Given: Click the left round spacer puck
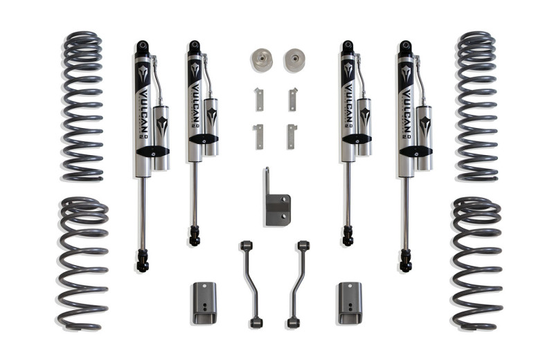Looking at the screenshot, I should [262, 60].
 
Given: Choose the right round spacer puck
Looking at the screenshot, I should [294, 60].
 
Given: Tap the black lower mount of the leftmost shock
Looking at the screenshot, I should [143, 260].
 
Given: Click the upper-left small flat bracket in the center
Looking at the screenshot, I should [258, 99].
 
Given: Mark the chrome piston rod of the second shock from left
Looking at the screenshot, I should [194, 194].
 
